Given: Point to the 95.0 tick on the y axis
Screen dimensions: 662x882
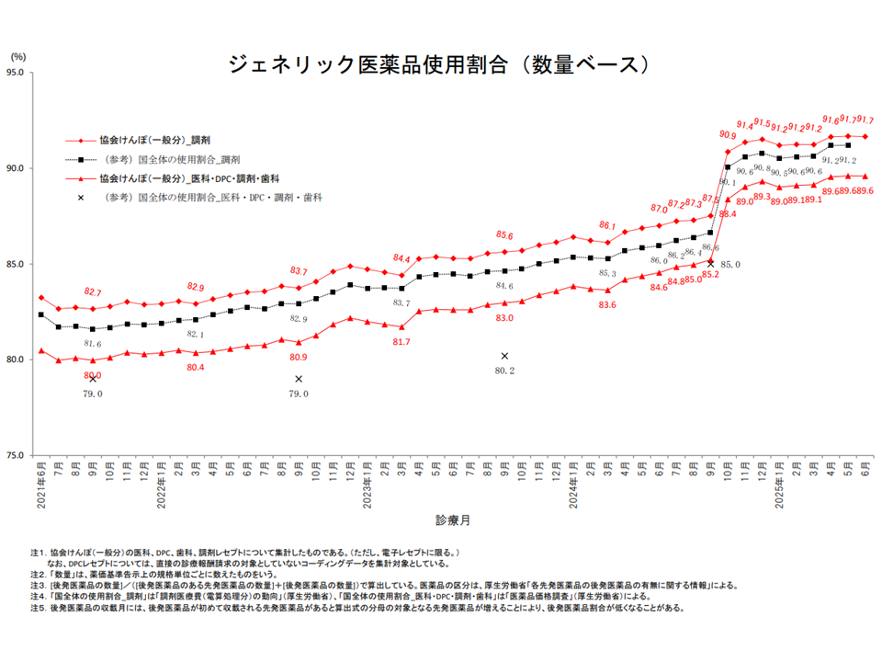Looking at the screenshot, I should [x=17, y=73].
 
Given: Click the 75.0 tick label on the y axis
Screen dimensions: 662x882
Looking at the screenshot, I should [x=17, y=455].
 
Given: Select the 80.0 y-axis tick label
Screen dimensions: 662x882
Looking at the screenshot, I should [x=17, y=360].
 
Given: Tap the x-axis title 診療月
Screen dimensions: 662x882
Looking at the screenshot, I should [x=453, y=520].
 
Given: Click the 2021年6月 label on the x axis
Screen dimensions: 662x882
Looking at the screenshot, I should [x=40, y=485].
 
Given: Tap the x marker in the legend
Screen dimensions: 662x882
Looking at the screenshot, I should [x=81, y=197].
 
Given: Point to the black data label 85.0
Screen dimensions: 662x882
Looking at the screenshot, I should [x=730, y=265].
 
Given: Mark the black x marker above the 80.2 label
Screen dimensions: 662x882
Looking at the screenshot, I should [x=504, y=356].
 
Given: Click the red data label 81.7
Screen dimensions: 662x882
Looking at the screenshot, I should [x=401, y=341].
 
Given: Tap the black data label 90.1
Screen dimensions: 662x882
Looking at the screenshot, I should [x=728, y=183].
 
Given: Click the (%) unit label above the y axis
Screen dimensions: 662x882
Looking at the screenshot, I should [x=16, y=58].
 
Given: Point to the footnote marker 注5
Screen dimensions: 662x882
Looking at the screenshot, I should [x=37, y=608].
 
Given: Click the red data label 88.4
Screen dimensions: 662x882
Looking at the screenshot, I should [x=728, y=214].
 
